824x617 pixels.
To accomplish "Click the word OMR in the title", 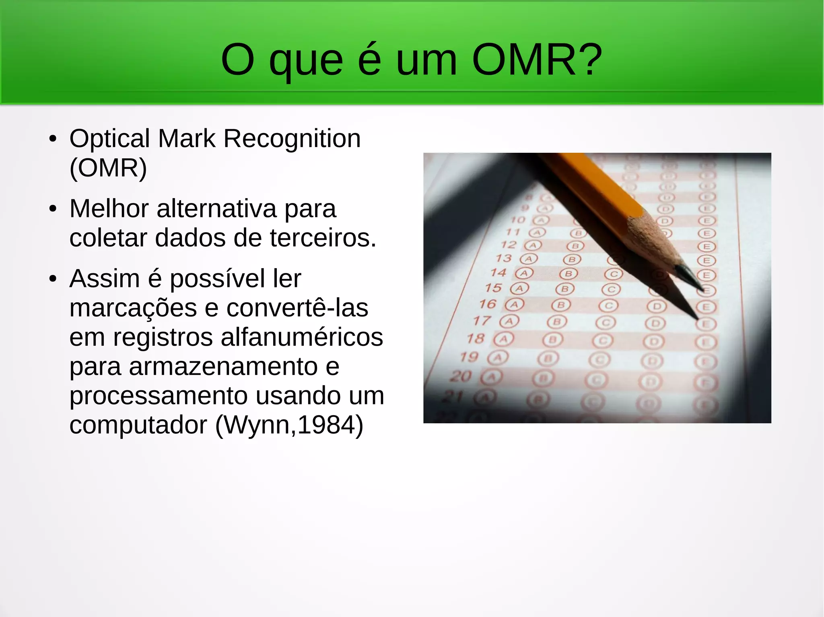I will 524,60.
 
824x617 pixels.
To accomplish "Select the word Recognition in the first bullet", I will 292,139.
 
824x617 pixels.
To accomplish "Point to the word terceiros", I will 323,238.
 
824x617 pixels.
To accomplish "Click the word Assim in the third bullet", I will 105,279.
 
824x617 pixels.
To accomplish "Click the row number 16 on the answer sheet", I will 487,304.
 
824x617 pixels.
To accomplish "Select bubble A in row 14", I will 524,273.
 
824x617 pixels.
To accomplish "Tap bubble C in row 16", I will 608,306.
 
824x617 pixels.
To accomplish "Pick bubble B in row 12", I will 575,246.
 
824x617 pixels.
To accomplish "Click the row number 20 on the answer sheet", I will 461,376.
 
